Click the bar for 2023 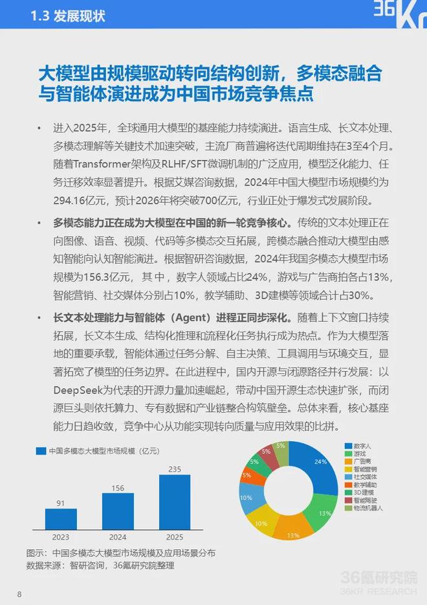click(x=61, y=519)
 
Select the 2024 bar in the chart click(x=118, y=511)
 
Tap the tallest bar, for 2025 click(x=175, y=502)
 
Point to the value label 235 click(x=175, y=468)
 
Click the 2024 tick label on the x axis click(x=118, y=537)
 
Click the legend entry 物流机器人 click(x=369, y=508)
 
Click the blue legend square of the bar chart click(x=41, y=451)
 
